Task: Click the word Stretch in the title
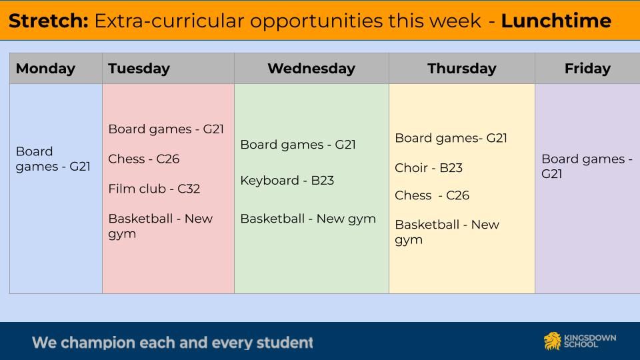click(x=49, y=21)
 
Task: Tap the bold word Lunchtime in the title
click(x=556, y=21)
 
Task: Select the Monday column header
click(x=45, y=69)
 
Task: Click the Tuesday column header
click(x=139, y=69)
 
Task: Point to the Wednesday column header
click(x=311, y=69)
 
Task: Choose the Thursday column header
click(x=461, y=69)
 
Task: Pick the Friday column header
click(x=587, y=69)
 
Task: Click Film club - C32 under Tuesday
click(x=154, y=189)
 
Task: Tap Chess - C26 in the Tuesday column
click(x=144, y=159)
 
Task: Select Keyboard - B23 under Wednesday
click(x=287, y=181)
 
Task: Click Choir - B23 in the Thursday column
click(x=429, y=168)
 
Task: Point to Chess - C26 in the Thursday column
click(x=432, y=195)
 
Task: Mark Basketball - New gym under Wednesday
click(x=308, y=219)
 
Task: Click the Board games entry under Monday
click(x=53, y=159)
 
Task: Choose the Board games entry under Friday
click(x=587, y=166)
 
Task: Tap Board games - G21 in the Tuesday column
click(x=166, y=129)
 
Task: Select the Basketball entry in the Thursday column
click(x=447, y=232)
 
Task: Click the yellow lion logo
click(x=552, y=341)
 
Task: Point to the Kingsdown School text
click(x=590, y=341)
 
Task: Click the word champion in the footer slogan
click(x=97, y=343)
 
